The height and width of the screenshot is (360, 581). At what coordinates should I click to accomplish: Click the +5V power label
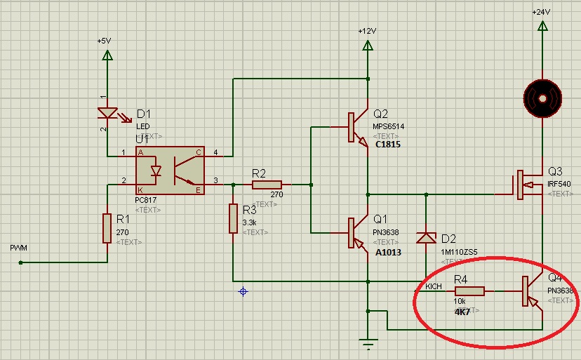pyautogui.click(x=104, y=41)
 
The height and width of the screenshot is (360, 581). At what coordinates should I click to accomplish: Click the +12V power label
pyautogui.click(x=367, y=31)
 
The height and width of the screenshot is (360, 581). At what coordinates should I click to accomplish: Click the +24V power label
pyautogui.click(x=541, y=12)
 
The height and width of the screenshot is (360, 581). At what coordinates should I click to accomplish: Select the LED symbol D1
pyautogui.click(x=107, y=112)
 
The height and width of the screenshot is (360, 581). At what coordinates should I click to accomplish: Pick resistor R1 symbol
pyautogui.click(x=107, y=227)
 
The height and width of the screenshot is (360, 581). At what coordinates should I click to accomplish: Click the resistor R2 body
pyautogui.click(x=267, y=185)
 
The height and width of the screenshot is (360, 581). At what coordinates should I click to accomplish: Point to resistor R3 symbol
pyautogui.click(x=233, y=218)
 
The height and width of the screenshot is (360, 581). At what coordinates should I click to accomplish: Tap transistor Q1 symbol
pyautogui.click(x=357, y=232)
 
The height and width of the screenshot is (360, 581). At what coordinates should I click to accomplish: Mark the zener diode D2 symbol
pyautogui.click(x=426, y=237)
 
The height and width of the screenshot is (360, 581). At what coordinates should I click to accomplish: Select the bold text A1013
pyautogui.click(x=388, y=252)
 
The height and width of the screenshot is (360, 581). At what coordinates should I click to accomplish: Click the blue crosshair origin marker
pyautogui.click(x=243, y=291)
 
